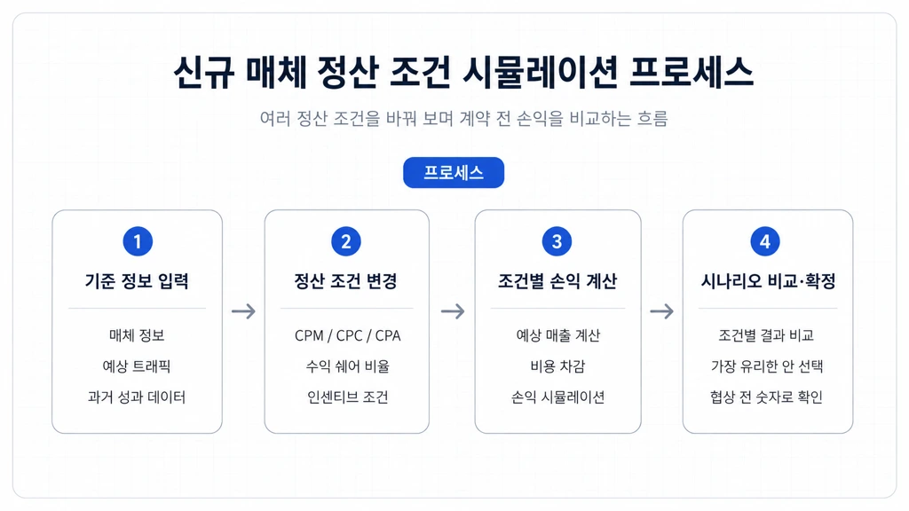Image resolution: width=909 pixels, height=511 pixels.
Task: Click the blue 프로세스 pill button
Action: [454, 173]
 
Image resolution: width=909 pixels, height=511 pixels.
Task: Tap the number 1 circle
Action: [138, 241]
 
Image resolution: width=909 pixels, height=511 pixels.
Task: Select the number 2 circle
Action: [346, 241]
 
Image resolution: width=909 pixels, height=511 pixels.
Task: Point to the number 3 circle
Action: [557, 241]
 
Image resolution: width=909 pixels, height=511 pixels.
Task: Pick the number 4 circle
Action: [765, 241]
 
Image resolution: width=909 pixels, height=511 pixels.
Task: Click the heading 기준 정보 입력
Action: [137, 281]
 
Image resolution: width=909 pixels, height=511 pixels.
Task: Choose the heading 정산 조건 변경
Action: [345, 281]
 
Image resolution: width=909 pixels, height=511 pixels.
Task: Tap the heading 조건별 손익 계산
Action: [557, 281]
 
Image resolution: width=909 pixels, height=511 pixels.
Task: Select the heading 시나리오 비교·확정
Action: [768, 281]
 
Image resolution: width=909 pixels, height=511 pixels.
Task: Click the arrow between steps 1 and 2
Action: [243, 311]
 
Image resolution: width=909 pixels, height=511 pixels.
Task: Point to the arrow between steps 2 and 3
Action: [453, 311]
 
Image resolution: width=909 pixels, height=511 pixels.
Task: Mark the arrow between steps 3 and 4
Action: [661, 311]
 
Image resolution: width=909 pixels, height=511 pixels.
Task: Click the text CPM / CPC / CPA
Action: [347, 335]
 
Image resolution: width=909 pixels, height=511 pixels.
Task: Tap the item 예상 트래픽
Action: [136, 366]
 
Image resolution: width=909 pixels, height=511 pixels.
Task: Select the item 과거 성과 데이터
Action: [136, 397]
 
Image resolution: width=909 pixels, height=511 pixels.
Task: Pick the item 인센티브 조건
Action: [347, 397]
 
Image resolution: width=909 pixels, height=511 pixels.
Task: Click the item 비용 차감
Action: [557, 366]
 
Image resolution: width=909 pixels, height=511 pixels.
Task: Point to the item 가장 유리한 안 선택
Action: [767, 366]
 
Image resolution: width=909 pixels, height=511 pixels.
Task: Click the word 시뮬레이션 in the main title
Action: [540, 73]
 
